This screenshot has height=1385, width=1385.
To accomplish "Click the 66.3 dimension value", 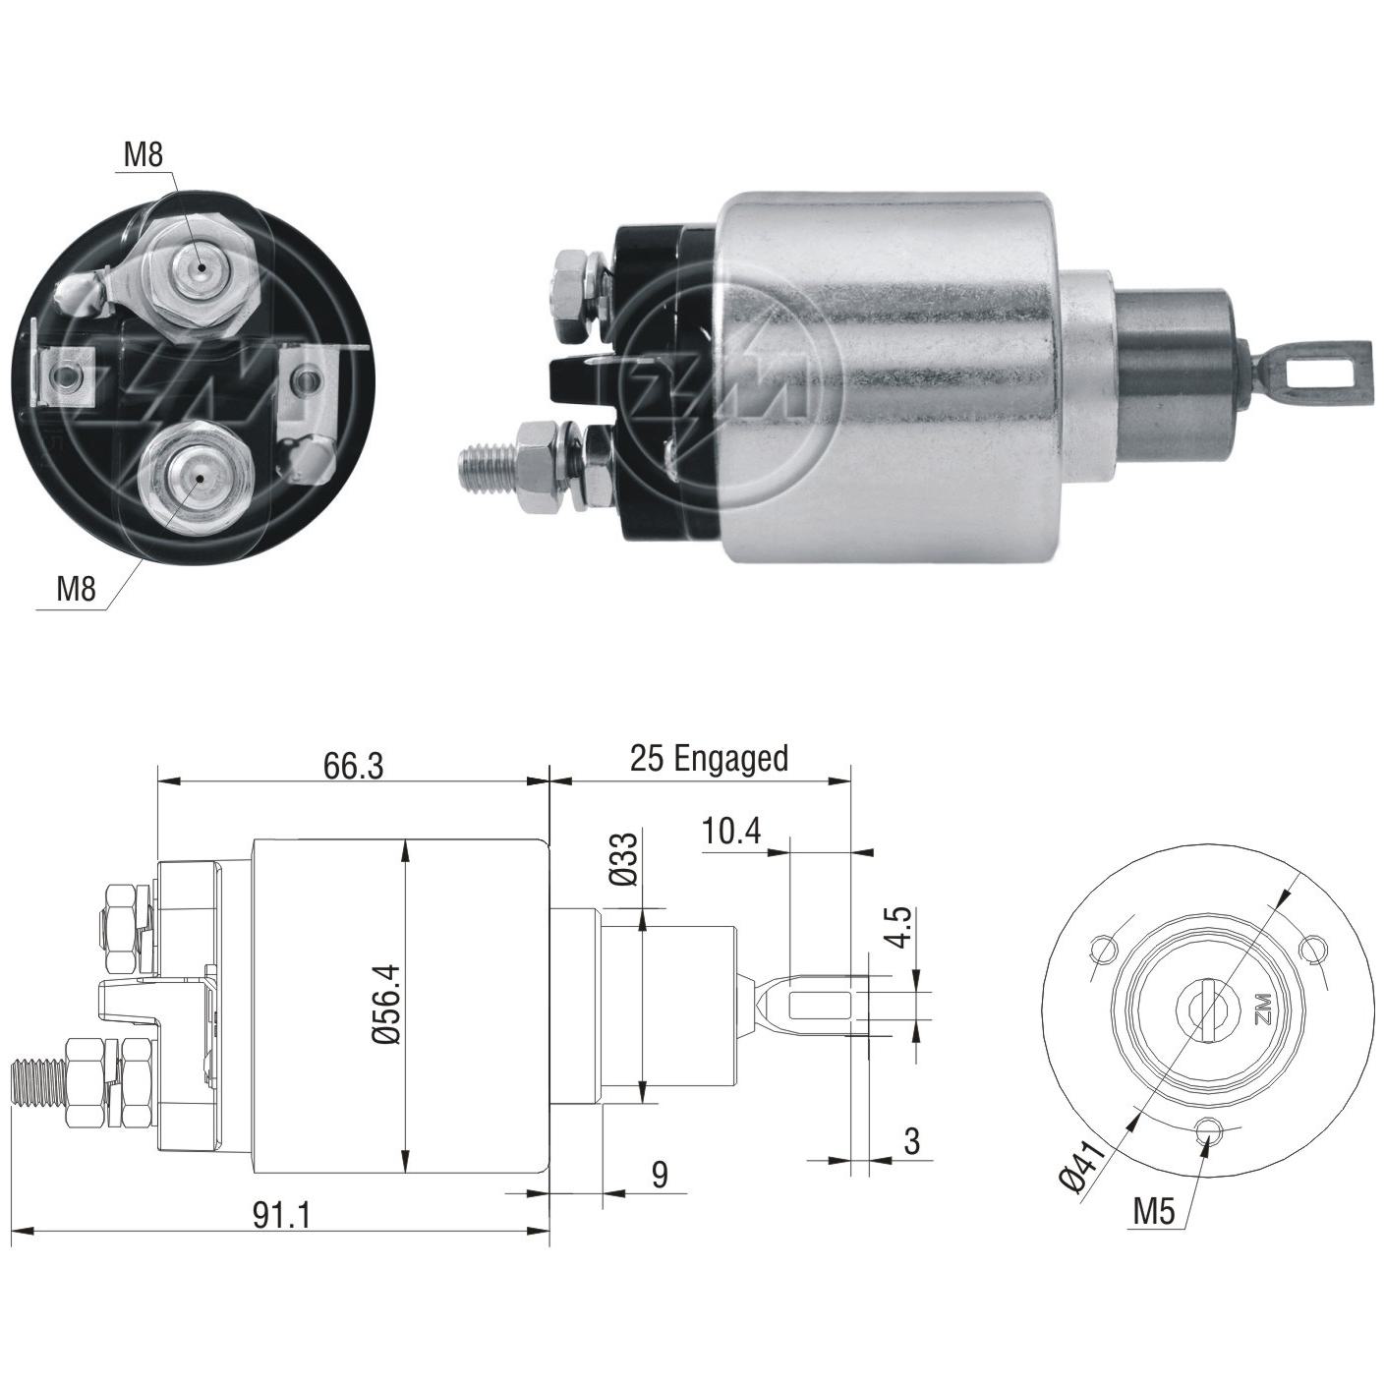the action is [353, 766].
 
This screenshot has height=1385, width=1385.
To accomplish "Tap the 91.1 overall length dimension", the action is [281, 1215].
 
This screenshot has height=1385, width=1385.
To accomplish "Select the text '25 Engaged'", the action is [709, 760].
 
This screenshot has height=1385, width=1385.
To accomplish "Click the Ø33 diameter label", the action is [625, 859].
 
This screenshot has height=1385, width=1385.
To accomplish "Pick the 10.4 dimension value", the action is [731, 833].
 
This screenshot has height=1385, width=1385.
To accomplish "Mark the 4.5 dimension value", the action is [902, 928].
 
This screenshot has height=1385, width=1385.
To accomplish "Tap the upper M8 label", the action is [144, 156].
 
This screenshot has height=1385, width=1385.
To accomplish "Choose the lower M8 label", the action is [77, 590].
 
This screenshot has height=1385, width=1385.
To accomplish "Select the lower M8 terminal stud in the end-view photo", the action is [195, 479].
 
